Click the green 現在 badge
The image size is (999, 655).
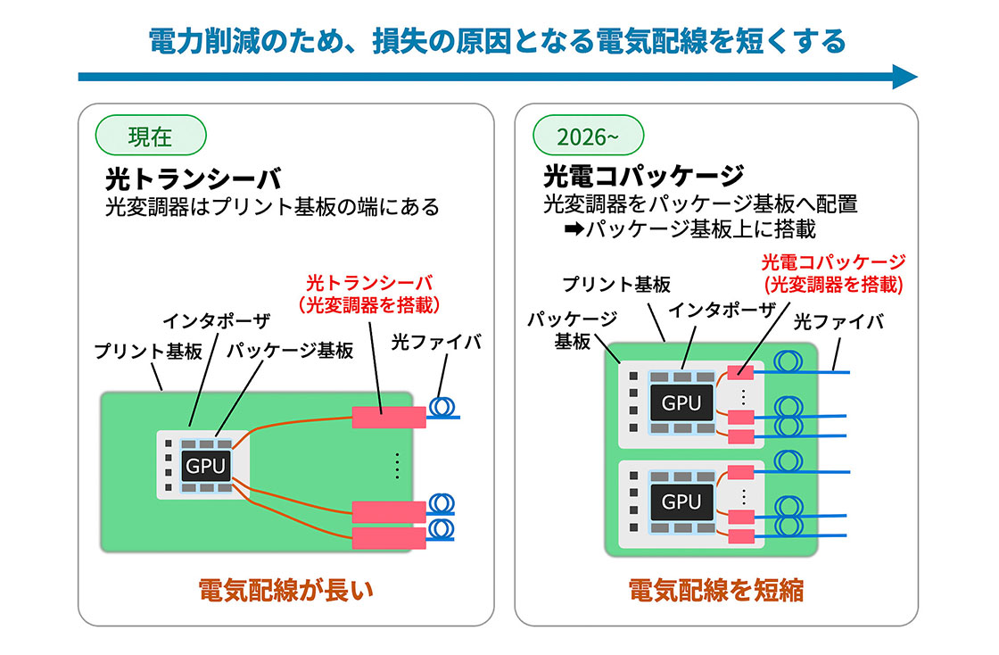coord(151,135)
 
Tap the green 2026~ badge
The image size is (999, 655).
coord(588,135)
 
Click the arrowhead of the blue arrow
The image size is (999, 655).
coord(904,77)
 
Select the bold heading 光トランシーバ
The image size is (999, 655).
coord(193,179)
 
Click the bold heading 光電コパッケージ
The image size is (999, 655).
coord(643,175)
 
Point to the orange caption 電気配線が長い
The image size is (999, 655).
coord(285,591)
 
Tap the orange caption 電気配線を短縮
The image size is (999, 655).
coord(715,591)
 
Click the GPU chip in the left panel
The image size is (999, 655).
coord(205,467)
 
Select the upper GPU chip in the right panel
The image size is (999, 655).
coord(681,402)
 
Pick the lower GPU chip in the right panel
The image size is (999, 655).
coord(681,502)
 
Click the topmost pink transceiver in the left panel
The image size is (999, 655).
coord(389,417)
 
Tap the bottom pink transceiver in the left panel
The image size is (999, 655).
coord(389,538)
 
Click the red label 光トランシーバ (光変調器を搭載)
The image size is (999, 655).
coord(369,294)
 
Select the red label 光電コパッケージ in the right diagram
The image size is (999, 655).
coord(833,262)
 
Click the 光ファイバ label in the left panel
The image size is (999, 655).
coord(436,342)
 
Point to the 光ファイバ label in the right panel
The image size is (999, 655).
coord(838,322)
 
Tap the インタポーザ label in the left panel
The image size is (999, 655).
coord(217,320)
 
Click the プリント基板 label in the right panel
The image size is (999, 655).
coord(616,284)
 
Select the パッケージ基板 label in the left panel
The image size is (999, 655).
coord(290,350)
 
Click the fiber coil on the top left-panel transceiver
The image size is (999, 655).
coord(442,407)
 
